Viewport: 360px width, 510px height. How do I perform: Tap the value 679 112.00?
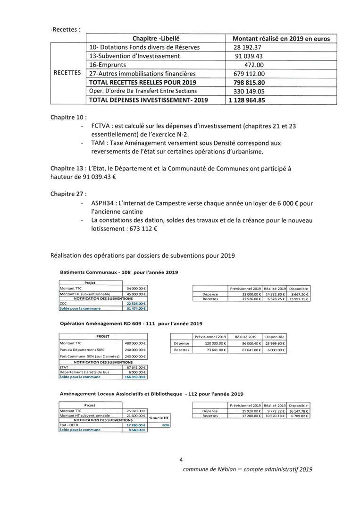click(249, 74)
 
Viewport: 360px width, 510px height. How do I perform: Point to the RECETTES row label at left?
click(67, 73)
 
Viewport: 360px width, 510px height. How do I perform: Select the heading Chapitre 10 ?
click(68, 117)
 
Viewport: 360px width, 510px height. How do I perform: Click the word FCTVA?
click(102, 126)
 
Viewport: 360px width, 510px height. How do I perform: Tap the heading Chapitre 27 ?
click(68, 194)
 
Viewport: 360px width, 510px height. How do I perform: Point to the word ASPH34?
click(105, 203)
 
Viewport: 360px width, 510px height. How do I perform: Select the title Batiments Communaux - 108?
click(95, 272)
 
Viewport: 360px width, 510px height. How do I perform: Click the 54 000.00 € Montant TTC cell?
click(136, 288)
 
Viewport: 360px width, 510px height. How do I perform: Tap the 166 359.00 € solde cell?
click(136, 377)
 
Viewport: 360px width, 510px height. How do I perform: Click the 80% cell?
click(166, 425)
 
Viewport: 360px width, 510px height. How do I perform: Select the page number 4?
click(181, 459)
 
